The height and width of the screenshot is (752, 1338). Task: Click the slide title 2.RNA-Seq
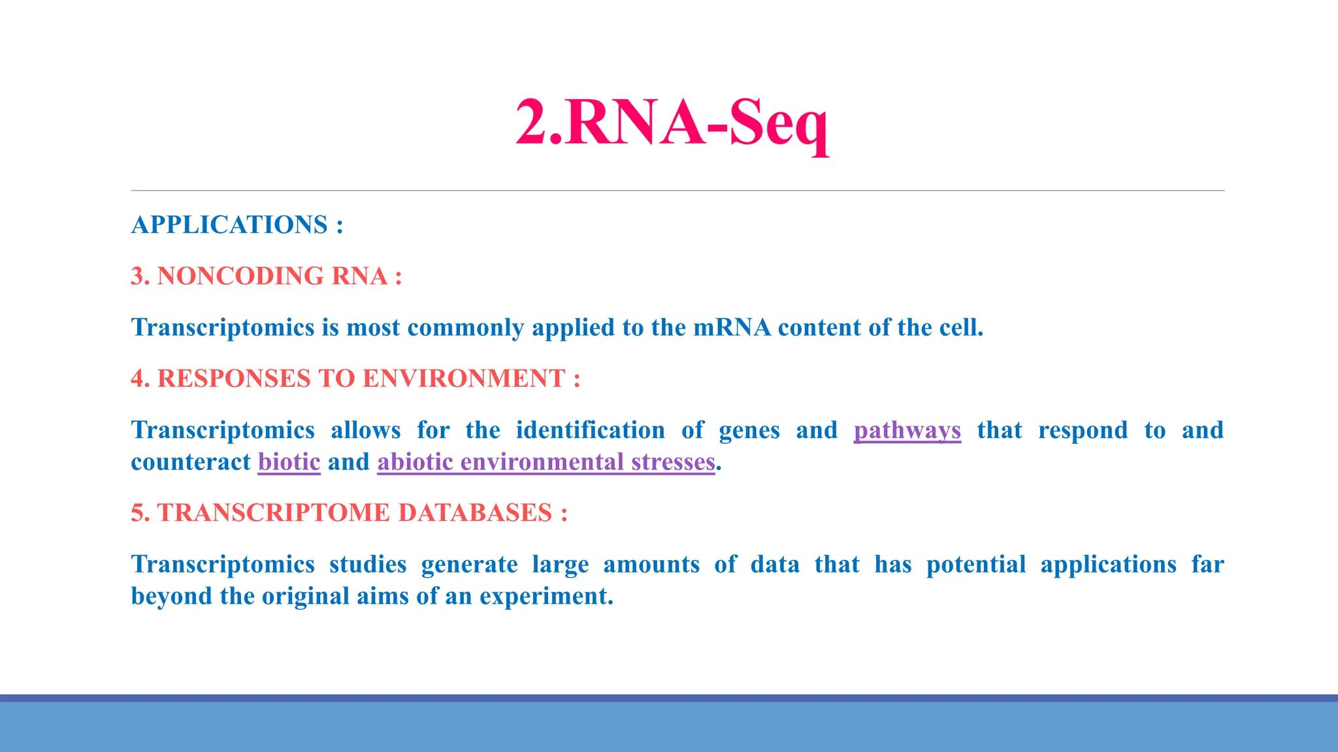[672, 123]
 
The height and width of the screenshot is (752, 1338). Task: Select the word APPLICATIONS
[229, 225]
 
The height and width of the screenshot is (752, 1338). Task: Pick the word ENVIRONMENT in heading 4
[463, 379]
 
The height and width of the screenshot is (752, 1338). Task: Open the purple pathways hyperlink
[907, 430]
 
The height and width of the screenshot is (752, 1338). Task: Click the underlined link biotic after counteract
[289, 462]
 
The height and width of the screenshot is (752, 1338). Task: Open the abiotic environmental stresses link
[546, 462]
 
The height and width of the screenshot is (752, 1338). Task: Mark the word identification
[590, 430]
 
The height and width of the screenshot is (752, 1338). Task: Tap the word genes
[749, 430]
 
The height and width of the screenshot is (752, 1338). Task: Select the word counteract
[190, 462]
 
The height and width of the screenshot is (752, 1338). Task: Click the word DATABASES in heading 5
[475, 513]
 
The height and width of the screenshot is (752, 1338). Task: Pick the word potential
[976, 565]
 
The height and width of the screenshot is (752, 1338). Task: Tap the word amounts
[651, 565]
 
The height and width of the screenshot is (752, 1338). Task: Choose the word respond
[1083, 430]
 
